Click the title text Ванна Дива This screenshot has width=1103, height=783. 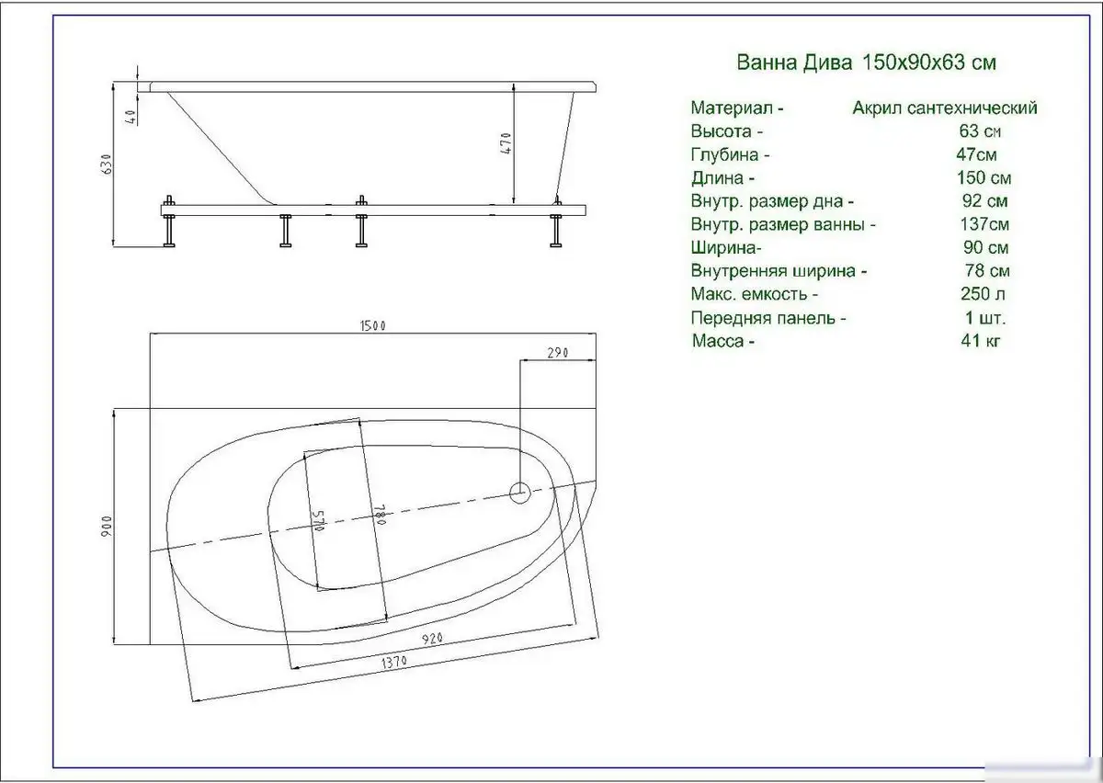[794, 63]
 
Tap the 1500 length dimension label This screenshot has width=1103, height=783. [373, 326]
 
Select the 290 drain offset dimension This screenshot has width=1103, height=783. [557, 353]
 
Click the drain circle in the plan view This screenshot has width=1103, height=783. [520, 493]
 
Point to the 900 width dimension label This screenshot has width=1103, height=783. [108, 526]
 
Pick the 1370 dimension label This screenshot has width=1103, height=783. [394, 663]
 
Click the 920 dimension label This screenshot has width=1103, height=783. [432, 639]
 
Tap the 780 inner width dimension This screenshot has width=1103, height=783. [380, 515]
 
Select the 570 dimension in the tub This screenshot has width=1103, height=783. [319, 520]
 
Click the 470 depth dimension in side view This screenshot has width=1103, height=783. [506, 143]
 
